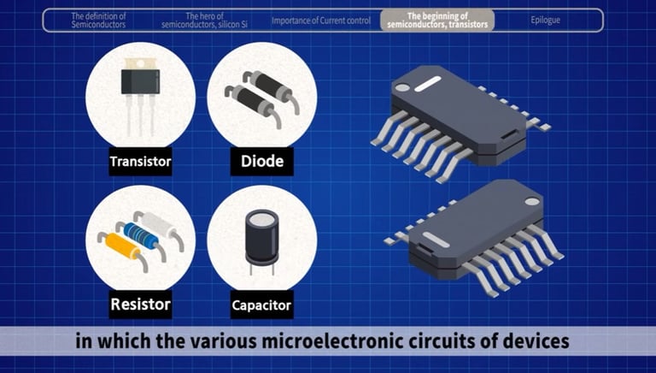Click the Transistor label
click(141, 162)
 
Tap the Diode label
click(262, 162)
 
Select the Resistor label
click(141, 305)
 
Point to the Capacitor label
click(262, 305)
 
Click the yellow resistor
click(123, 246)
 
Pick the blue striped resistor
click(141, 235)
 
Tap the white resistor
click(159, 224)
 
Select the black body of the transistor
click(140, 81)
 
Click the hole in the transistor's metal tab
click(141, 63)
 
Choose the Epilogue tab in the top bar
click(545, 21)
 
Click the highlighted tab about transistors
click(437, 21)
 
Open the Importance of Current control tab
click(321, 21)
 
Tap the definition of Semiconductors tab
click(98, 21)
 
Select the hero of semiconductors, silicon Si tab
click(204, 21)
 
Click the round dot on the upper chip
click(402, 87)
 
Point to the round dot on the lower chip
click(532, 201)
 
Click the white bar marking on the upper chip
click(427, 84)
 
